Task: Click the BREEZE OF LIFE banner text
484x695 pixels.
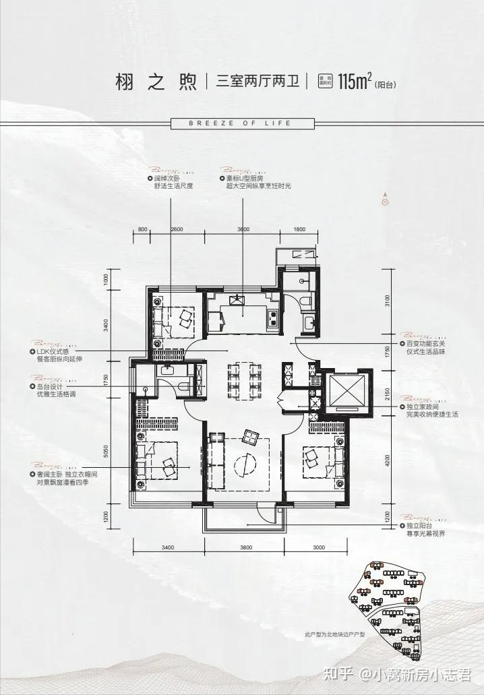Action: [x=241, y=123]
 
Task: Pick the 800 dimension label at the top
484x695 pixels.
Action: [x=142, y=230]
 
